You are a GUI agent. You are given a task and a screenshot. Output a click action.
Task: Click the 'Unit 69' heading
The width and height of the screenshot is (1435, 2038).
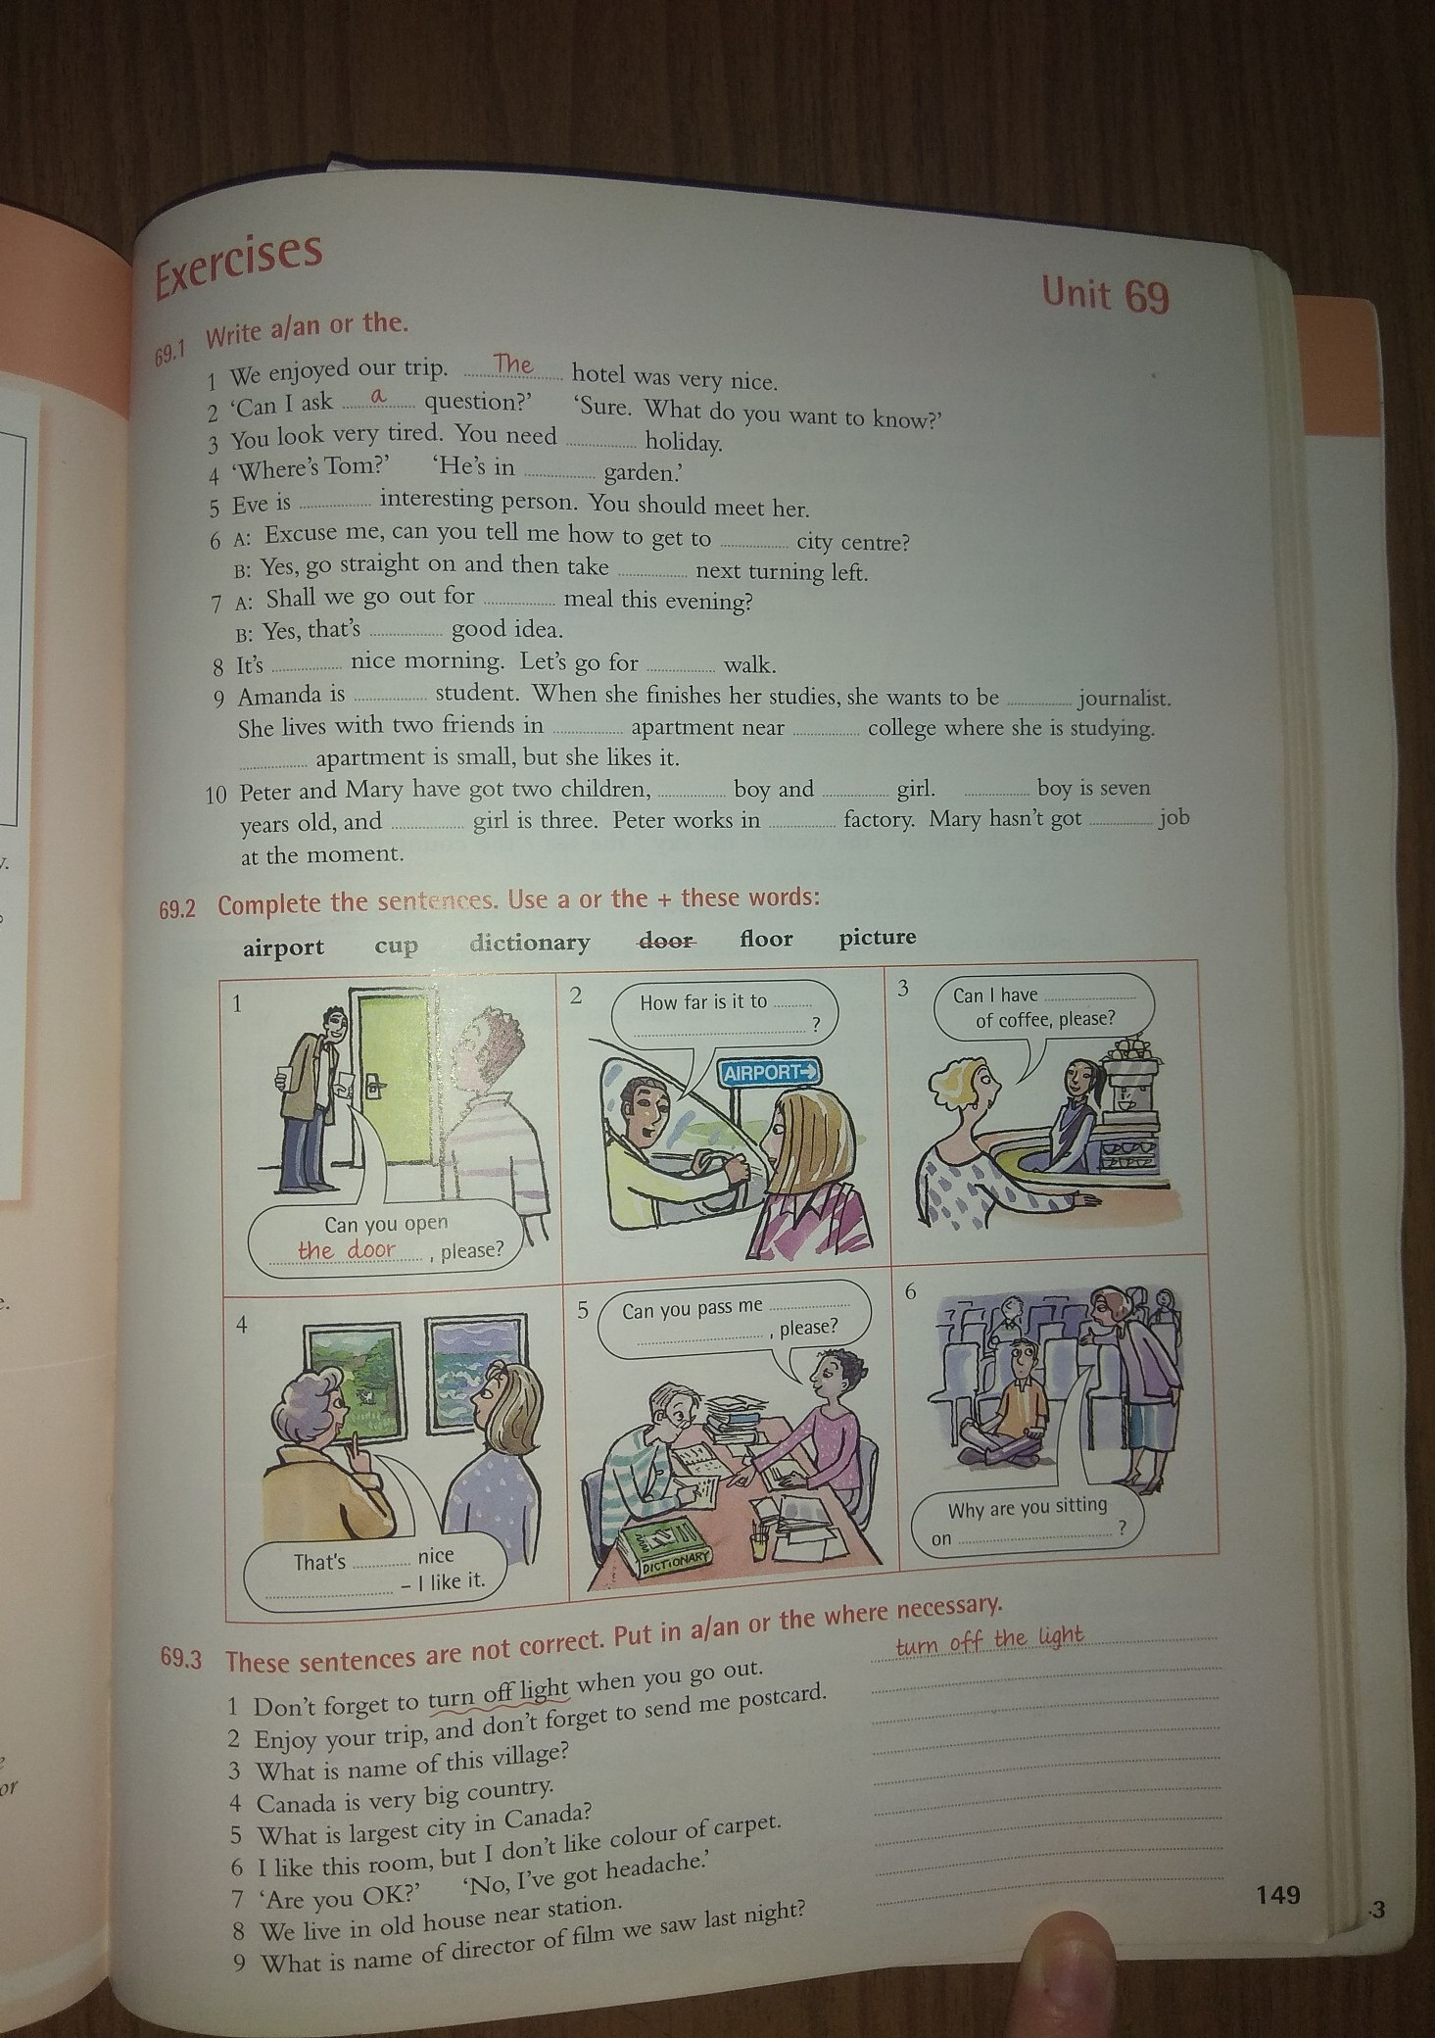pyautogui.click(x=1106, y=293)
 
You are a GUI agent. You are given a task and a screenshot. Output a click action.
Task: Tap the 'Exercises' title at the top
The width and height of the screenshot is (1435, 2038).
pyautogui.click(x=238, y=263)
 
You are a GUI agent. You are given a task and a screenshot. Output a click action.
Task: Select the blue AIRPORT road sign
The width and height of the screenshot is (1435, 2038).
pyautogui.click(x=770, y=1072)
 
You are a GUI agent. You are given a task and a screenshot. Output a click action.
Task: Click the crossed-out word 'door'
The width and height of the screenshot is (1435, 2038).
pyautogui.click(x=666, y=941)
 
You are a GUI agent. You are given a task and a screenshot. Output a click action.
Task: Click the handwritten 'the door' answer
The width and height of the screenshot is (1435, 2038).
pyautogui.click(x=347, y=1250)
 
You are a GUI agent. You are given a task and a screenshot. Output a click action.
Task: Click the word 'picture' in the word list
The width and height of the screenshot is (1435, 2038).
pyautogui.click(x=878, y=938)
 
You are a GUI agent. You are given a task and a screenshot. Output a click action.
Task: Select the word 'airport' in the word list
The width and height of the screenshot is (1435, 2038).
pyautogui.click(x=283, y=948)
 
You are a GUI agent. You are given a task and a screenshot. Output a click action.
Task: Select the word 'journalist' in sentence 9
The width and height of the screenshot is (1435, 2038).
pyautogui.click(x=1124, y=699)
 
